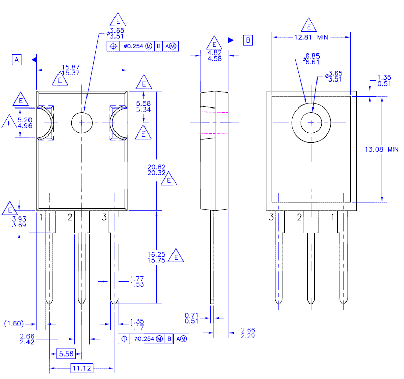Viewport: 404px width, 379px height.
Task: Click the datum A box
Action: [17, 60]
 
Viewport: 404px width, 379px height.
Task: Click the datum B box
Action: [248, 40]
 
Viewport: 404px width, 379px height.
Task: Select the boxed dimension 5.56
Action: [66, 354]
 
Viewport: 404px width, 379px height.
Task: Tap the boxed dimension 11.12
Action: [82, 368]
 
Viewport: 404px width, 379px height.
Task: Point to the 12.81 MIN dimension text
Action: [311, 37]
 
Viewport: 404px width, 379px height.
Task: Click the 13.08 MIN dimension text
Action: [382, 149]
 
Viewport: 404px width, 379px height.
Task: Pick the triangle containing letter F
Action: [9, 122]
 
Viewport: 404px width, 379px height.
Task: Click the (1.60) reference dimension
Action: [14, 323]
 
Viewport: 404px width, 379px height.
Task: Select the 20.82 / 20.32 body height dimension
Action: [156, 170]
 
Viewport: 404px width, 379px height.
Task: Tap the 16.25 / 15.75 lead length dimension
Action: [156, 257]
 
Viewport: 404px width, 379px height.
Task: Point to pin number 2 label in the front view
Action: [70, 217]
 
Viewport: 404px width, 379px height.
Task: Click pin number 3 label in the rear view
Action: [271, 217]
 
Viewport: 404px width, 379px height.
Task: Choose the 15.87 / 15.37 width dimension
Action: [71, 70]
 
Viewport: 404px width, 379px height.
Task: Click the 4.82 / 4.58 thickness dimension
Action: [215, 56]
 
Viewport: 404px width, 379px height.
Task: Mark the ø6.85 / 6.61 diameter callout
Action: [311, 59]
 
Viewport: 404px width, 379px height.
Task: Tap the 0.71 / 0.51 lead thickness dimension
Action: [192, 318]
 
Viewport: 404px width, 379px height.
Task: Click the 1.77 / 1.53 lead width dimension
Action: [137, 282]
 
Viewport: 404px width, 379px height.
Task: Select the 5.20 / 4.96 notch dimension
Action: [25, 123]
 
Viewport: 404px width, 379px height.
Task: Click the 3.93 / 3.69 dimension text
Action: [19, 222]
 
